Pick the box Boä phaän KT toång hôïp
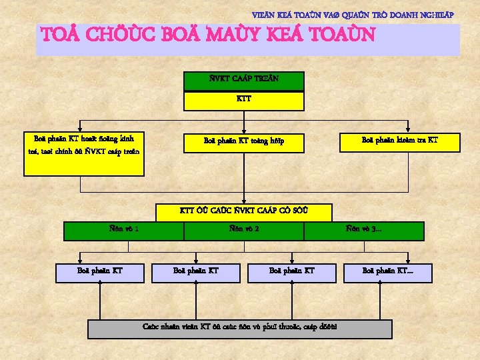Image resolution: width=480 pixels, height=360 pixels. coord(244,142)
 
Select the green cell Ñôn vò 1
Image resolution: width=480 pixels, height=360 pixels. coord(124,231)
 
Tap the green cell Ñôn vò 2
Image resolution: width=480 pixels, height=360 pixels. coord(244,231)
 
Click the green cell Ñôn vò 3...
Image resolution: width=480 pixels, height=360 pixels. coord(364,231)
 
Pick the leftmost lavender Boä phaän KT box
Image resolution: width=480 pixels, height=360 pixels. coord(100,272)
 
